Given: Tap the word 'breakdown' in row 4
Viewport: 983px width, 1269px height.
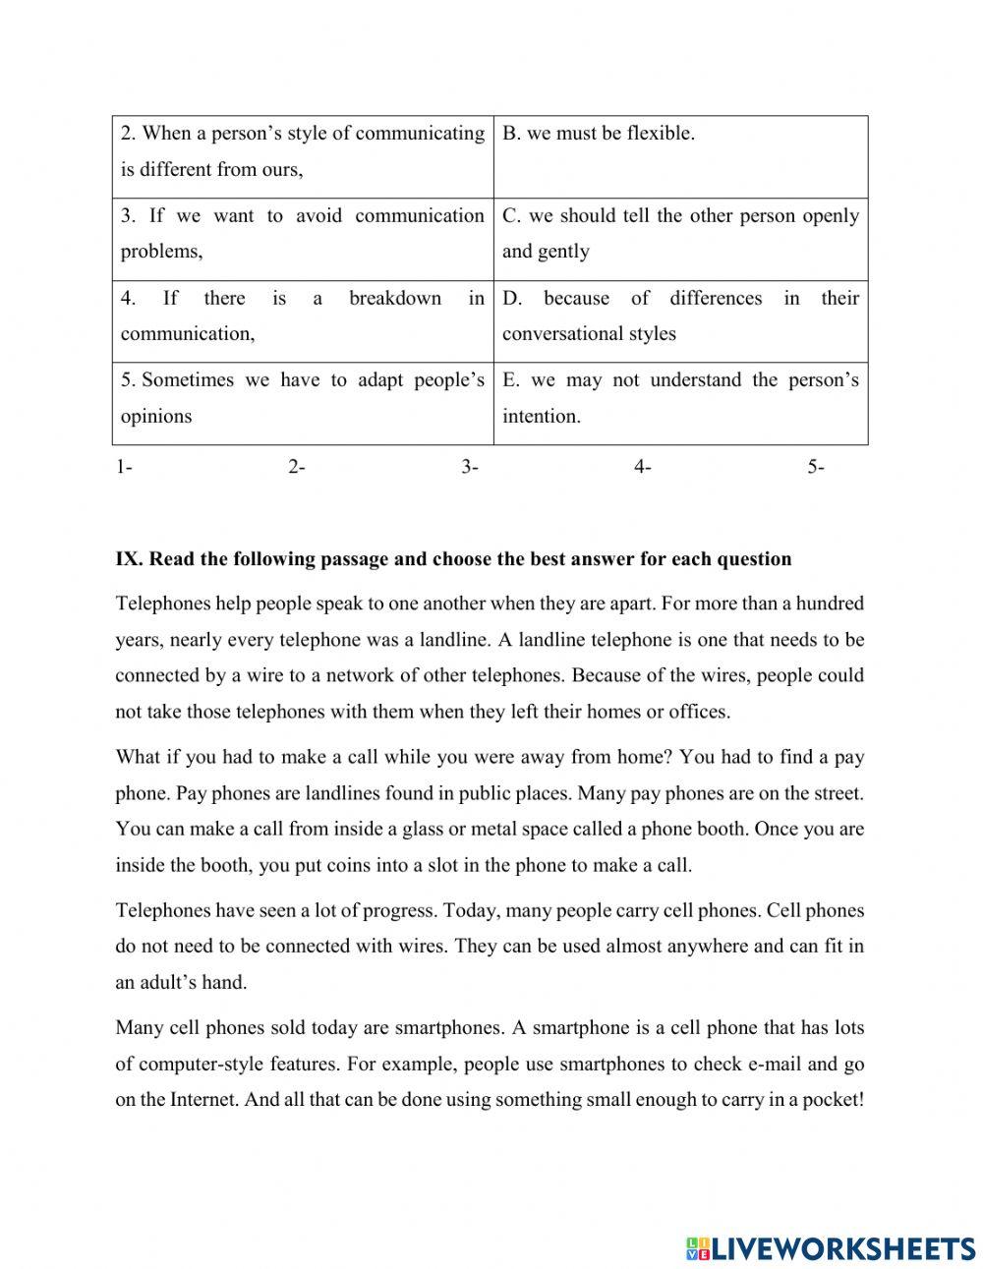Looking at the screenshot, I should point(395,298).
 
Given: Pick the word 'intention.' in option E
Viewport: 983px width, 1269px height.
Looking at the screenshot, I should point(542,417).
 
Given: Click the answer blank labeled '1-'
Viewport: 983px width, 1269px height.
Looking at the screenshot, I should point(125,468).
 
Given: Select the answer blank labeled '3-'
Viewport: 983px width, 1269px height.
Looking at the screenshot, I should point(470,468).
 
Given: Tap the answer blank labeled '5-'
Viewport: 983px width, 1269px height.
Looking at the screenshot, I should point(816,468).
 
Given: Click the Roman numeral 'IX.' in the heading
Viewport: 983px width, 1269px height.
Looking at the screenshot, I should point(130,559).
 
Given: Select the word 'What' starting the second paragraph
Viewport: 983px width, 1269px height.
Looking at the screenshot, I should point(138,758).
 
